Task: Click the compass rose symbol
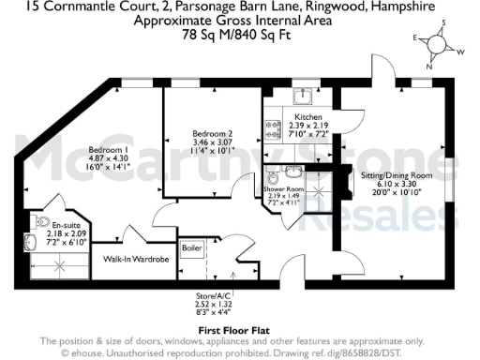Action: pos(438,43)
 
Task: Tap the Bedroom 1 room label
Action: pos(107,150)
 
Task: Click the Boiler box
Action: pos(192,247)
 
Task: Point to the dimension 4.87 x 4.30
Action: pos(107,159)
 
